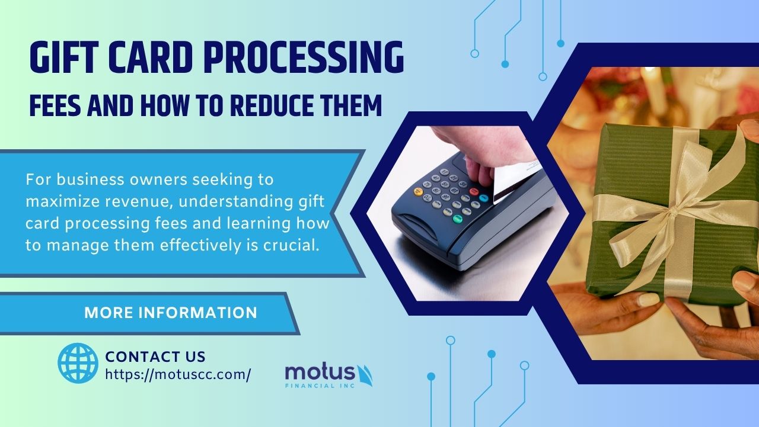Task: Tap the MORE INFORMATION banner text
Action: [171, 313]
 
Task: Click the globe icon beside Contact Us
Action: [78, 363]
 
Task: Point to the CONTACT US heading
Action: [155, 357]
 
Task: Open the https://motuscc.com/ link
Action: [178, 374]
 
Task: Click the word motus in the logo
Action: [320, 373]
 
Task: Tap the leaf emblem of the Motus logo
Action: [365, 375]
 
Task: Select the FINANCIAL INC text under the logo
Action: [320, 386]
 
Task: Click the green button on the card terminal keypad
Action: [457, 219]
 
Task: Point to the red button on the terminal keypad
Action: [474, 191]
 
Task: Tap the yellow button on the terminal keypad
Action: [419, 191]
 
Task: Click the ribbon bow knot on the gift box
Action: [672, 212]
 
